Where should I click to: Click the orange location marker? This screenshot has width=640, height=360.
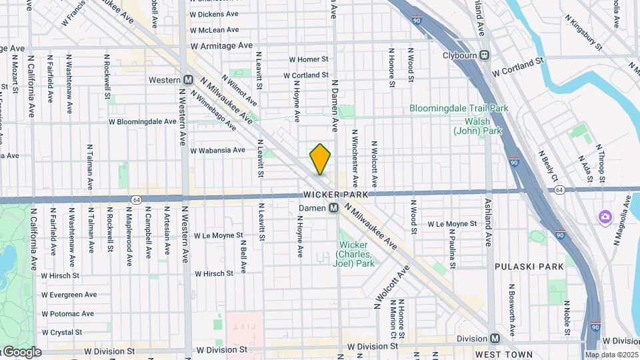click(320, 159)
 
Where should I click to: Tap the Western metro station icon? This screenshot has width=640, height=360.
click(188, 80)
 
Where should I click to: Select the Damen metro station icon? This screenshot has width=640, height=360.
click(333, 209)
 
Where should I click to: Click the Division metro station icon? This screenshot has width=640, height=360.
click(495, 339)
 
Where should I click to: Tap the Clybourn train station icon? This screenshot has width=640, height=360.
click(485, 55)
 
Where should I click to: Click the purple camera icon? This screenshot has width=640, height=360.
click(605, 217)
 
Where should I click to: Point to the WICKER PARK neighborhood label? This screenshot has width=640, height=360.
click(331, 195)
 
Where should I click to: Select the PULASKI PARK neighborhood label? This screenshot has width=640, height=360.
click(529, 266)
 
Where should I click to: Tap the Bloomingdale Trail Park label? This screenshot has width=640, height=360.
click(459, 108)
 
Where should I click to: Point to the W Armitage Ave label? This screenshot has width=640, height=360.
click(221, 46)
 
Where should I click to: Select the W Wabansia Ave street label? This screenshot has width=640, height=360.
click(218, 151)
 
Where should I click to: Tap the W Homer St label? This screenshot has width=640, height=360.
click(309, 59)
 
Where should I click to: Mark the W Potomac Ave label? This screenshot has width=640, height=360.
click(69, 313)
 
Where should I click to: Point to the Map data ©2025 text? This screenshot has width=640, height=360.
click(611, 355)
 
